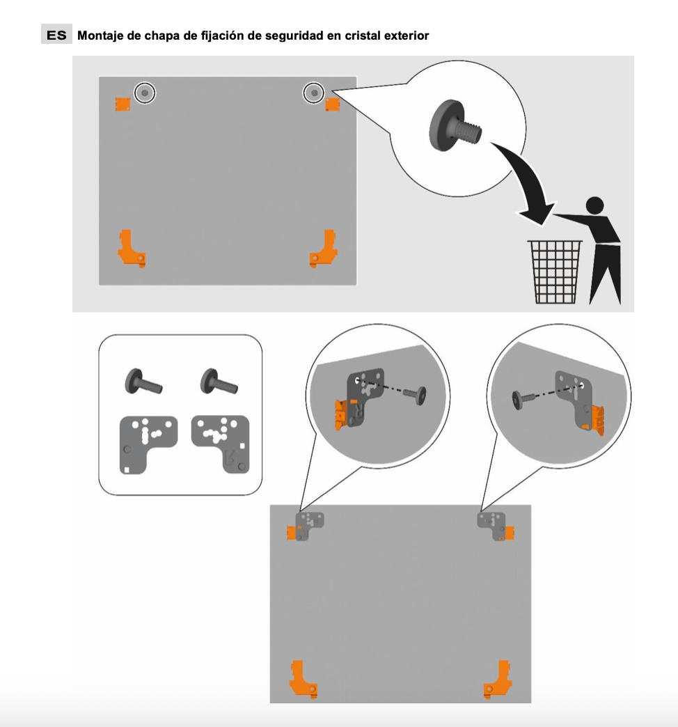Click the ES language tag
(x=56, y=36)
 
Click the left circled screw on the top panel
(x=145, y=93)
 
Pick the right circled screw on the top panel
(x=314, y=93)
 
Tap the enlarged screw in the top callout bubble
(x=454, y=125)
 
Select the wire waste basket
(x=555, y=272)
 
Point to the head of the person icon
(x=594, y=205)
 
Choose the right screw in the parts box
(x=219, y=382)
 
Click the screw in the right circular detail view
(x=523, y=400)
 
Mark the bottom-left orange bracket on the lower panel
(x=303, y=679)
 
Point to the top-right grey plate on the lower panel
(x=492, y=525)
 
